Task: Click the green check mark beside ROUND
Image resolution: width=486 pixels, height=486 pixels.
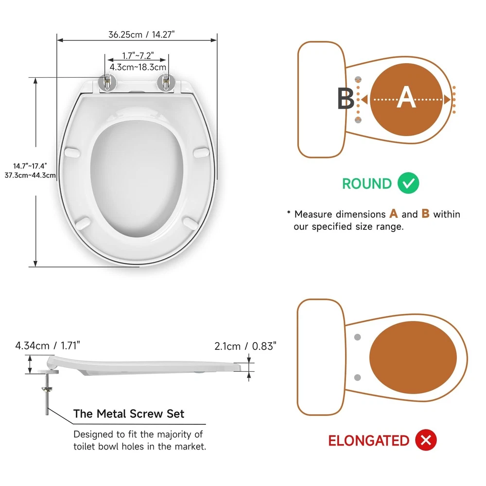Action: tap(408, 183)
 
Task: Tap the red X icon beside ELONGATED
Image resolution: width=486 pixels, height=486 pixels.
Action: tap(426, 440)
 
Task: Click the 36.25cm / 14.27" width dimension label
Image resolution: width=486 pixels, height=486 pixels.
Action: tap(141, 35)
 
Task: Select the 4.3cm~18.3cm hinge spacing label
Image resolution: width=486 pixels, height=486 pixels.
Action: tap(138, 67)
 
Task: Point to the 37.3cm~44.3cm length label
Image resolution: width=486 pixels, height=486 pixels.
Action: tap(30, 175)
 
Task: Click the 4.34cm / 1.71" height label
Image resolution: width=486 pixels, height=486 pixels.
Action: tap(48, 345)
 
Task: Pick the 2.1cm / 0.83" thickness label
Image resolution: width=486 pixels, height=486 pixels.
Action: tap(245, 346)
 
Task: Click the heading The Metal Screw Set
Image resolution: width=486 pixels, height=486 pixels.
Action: tap(129, 414)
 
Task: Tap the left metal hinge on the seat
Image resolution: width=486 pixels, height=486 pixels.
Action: tap(107, 83)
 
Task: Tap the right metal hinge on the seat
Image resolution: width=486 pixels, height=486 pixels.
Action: tap(166, 83)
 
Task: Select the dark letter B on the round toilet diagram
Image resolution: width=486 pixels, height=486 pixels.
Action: tap(345, 98)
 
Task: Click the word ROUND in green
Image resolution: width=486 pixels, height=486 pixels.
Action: tap(367, 184)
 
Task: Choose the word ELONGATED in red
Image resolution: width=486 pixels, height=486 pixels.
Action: tap(369, 441)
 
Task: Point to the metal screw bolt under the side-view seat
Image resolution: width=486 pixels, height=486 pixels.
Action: tap(47, 394)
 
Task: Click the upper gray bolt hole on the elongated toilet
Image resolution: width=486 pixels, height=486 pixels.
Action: tap(357, 337)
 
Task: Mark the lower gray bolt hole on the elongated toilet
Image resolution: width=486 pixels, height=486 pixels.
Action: tap(357, 377)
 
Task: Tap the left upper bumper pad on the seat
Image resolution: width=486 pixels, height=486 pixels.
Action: tap(72, 152)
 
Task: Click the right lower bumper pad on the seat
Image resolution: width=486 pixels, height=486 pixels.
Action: tap(190, 223)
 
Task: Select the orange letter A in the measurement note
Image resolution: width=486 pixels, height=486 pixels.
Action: tap(394, 213)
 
